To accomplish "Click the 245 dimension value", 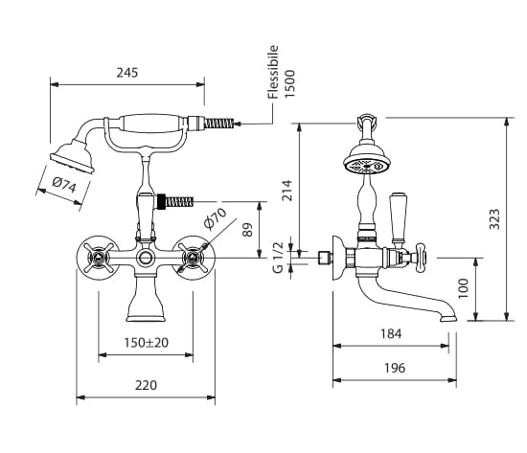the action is point(127,73).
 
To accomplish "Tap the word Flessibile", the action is point(273,72).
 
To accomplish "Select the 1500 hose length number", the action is point(289,83).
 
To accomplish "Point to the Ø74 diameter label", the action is point(64,185).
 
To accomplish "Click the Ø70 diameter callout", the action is point(215,219).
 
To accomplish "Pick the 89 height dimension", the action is point(247,230).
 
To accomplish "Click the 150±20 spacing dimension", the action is point(147,343).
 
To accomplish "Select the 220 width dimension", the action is point(146,385).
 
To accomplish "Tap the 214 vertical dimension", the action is point(286,191).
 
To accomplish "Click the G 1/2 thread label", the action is point(278,258).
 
